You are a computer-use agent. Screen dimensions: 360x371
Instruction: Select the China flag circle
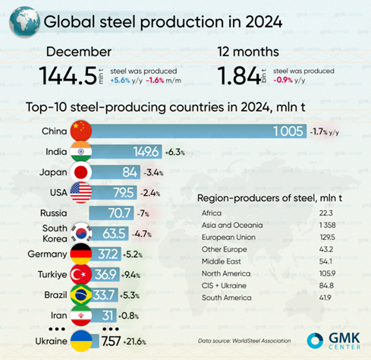(80, 131)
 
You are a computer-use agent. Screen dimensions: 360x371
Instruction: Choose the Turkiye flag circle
(80, 272)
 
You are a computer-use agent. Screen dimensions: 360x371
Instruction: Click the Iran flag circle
(80, 313)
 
